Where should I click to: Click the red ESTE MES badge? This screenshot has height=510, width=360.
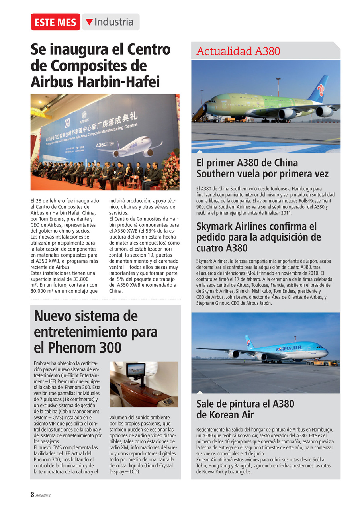(x=55, y=22)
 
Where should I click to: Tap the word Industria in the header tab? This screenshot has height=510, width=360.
(x=114, y=22)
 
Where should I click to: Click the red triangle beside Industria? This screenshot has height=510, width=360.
(x=89, y=22)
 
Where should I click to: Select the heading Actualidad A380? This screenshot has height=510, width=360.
(x=238, y=51)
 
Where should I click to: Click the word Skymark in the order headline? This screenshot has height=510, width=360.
(x=219, y=226)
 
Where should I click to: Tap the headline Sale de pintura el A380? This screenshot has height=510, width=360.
(x=245, y=404)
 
